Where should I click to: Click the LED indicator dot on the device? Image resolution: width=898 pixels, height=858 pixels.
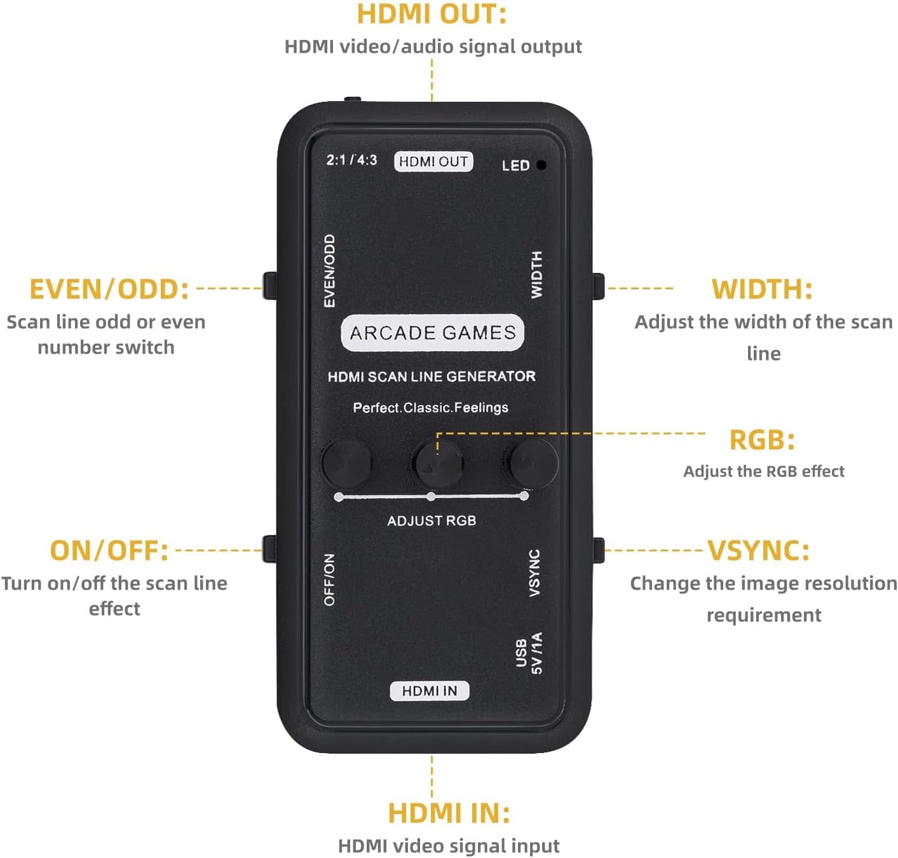click(x=541, y=165)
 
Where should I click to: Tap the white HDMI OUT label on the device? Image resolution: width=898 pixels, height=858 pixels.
click(x=433, y=162)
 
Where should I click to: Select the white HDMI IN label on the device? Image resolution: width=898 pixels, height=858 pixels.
click(x=430, y=691)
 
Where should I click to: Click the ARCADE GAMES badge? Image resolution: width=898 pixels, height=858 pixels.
click(x=432, y=333)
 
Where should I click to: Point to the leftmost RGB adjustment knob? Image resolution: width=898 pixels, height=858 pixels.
click(x=346, y=462)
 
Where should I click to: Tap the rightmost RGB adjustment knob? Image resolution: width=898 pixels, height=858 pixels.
click(x=534, y=462)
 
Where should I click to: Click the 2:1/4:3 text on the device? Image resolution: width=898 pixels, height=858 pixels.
click(x=351, y=160)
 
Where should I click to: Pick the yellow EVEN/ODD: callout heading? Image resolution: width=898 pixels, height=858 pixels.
click(x=109, y=289)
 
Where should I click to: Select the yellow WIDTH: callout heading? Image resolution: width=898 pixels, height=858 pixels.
click(x=762, y=289)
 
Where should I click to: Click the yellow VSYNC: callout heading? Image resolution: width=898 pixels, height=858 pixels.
click(x=759, y=551)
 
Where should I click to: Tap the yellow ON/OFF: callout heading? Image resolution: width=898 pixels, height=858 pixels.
click(x=109, y=551)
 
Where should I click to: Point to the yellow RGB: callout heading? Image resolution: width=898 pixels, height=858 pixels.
click(x=762, y=440)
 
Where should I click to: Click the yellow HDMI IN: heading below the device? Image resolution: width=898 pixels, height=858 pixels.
click(x=449, y=813)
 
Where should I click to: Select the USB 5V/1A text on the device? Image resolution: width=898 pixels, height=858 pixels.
click(x=529, y=653)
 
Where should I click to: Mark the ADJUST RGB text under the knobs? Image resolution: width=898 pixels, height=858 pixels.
click(x=432, y=521)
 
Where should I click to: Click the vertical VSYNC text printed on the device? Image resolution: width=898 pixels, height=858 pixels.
click(x=534, y=573)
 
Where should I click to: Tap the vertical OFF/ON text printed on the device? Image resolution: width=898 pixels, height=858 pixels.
click(x=329, y=579)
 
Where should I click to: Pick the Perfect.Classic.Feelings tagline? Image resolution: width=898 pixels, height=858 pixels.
click(x=430, y=408)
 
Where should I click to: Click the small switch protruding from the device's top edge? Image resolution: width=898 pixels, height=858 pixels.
click(x=353, y=100)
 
